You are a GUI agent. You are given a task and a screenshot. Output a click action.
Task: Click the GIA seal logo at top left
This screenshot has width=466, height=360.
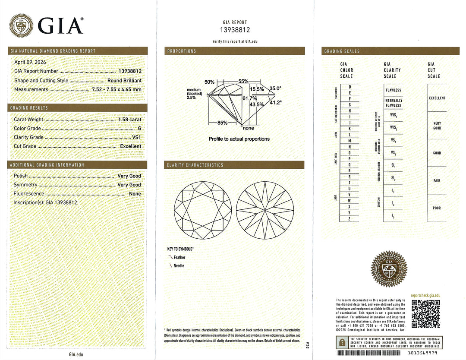pyautogui.click(x=21, y=25)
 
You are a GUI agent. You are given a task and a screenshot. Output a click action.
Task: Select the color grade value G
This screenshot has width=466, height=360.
pyautogui.click(x=139, y=128)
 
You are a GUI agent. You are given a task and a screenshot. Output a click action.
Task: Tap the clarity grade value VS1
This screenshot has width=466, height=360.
pyautogui.click(x=137, y=137)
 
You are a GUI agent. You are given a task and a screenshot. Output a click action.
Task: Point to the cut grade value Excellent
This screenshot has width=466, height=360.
pyautogui.click(x=130, y=146)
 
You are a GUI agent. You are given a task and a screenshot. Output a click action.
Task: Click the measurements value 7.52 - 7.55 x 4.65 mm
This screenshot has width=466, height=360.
pyautogui.click(x=116, y=89)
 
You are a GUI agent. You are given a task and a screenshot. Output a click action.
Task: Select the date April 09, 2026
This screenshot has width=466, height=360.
pyautogui.click(x=30, y=62)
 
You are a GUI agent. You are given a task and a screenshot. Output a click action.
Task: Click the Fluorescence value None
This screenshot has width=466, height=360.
pyautogui.click(x=135, y=194)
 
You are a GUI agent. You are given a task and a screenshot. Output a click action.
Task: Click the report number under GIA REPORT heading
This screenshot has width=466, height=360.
pyautogui.click(x=235, y=30)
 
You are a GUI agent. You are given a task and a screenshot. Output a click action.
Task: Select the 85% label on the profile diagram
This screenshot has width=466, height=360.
pyautogui.click(x=222, y=123)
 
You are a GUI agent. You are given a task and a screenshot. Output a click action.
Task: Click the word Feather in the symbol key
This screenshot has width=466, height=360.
pyautogui.click(x=179, y=257)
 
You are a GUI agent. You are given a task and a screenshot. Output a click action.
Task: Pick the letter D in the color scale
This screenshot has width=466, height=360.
pyautogui.click(x=349, y=87)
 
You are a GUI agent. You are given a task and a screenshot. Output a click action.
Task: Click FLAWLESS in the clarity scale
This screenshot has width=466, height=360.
pyautogui.click(x=393, y=90)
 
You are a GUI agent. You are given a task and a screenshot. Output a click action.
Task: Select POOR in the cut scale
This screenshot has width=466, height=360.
pyautogui.click(x=437, y=208)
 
